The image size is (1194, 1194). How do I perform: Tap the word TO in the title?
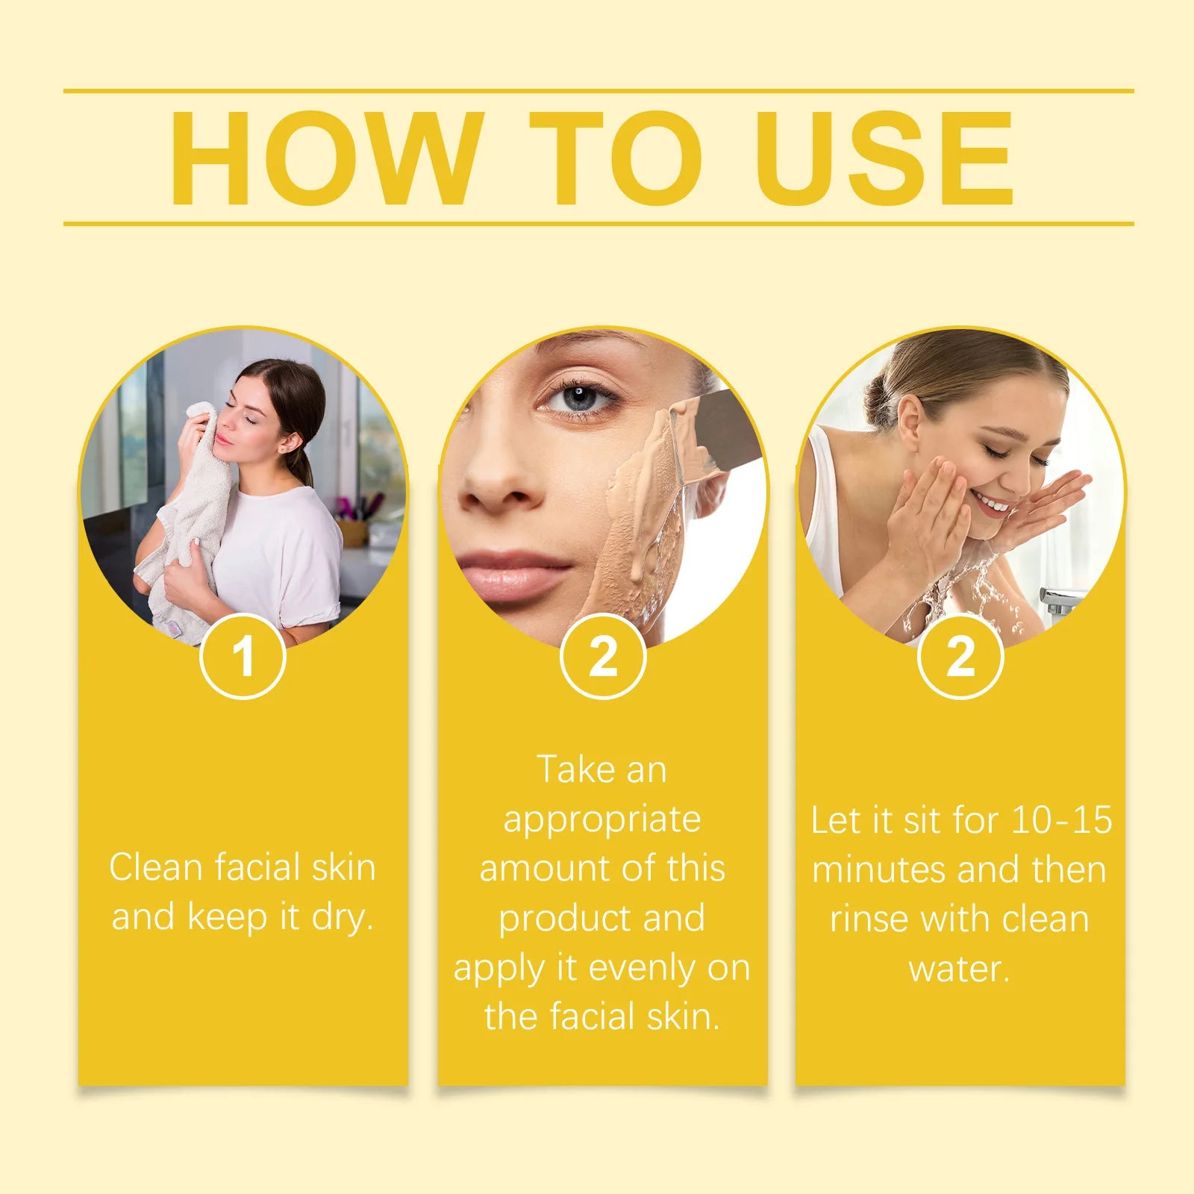point(616,158)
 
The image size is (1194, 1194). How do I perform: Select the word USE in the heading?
point(884,158)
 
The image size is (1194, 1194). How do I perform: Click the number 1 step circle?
point(243,657)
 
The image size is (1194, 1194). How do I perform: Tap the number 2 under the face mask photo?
point(603,657)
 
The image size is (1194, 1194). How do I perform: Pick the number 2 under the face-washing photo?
point(960,657)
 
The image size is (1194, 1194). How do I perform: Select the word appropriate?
point(602,820)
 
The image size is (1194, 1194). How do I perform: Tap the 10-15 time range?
point(1061,819)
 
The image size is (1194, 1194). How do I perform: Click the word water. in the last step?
point(960,969)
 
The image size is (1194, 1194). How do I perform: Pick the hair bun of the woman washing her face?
point(881,403)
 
